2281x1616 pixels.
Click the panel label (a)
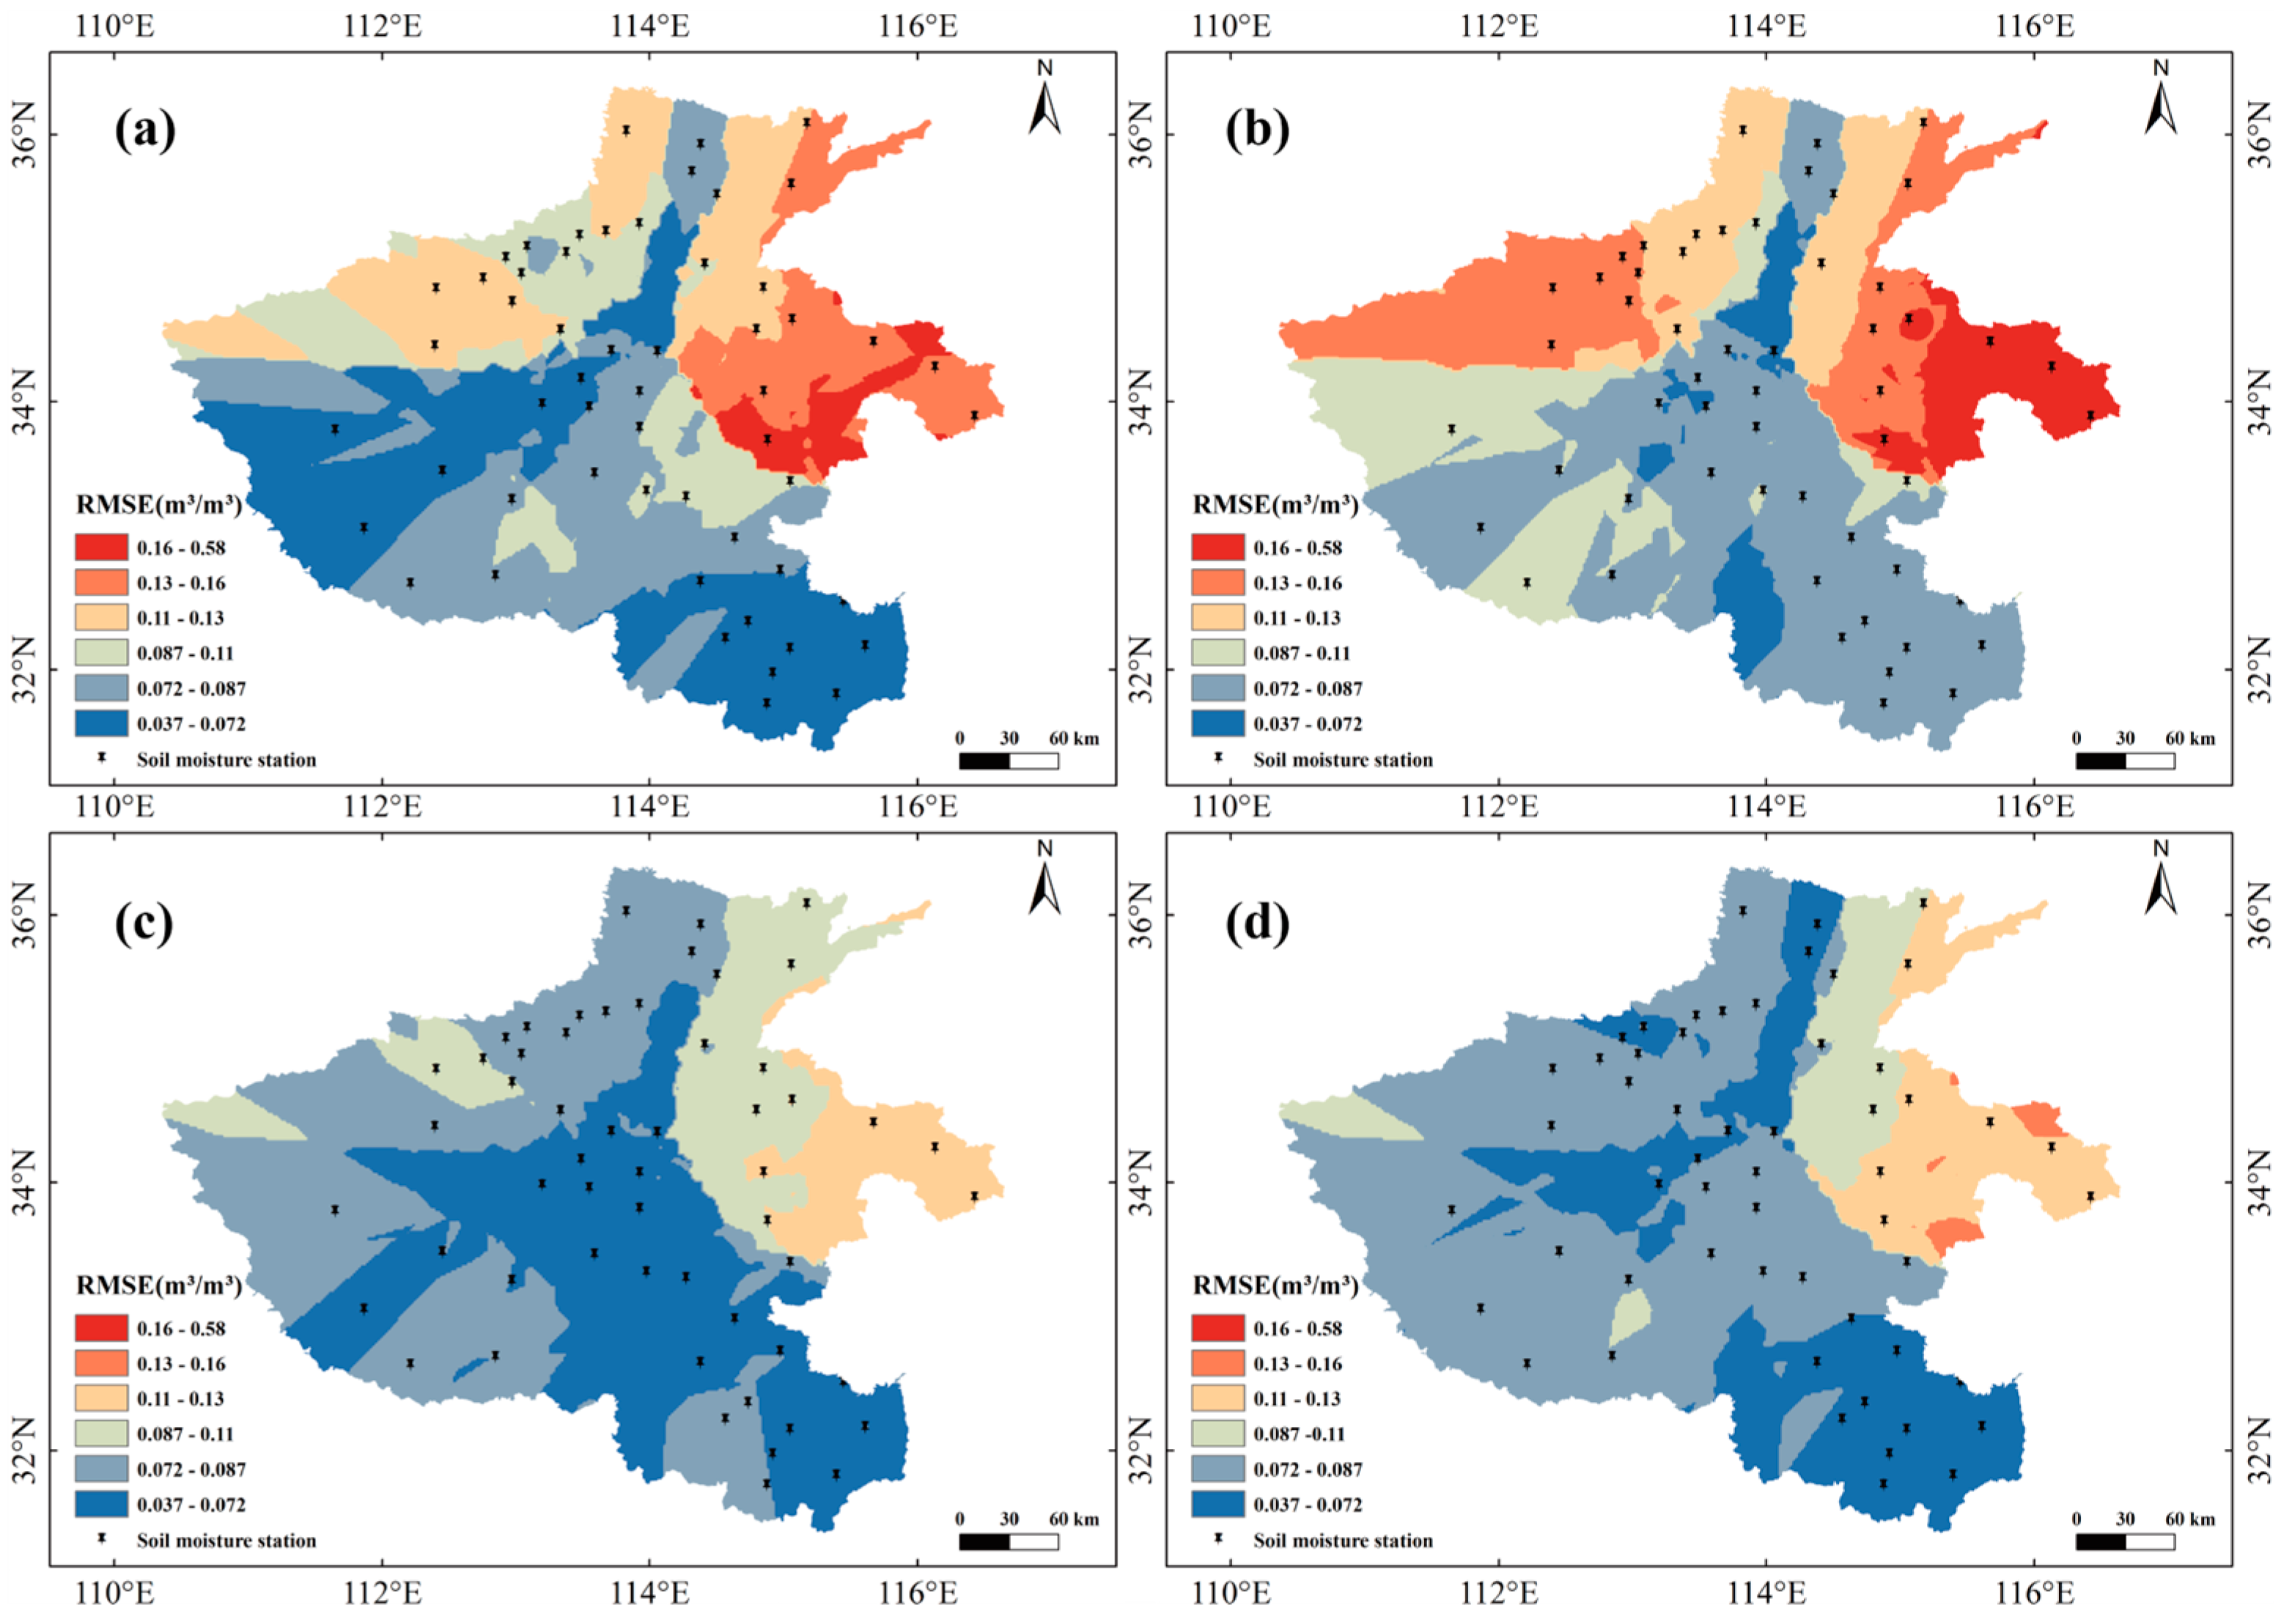click(x=145, y=130)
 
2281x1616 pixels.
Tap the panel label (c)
click(x=144, y=923)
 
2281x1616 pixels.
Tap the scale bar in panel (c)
click(x=1008, y=1541)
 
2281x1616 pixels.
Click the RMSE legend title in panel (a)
click(x=158, y=504)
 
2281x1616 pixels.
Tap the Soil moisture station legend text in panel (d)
click(x=1343, y=1541)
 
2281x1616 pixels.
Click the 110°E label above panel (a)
click(x=117, y=26)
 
